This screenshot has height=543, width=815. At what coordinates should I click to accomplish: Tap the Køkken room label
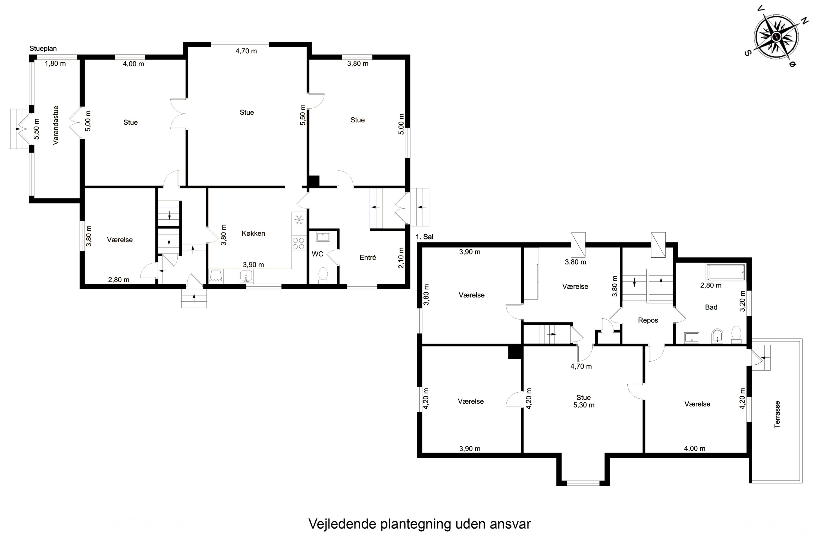253,233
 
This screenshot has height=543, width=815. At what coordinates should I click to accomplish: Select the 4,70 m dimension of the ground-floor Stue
246,51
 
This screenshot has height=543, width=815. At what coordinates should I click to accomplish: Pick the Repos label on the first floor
648,320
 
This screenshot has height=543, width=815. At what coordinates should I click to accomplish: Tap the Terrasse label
777,415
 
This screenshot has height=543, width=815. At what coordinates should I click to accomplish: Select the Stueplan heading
43,49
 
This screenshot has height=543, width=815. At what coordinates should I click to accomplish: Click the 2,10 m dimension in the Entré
401,258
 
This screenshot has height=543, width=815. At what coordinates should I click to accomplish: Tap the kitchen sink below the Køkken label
246,277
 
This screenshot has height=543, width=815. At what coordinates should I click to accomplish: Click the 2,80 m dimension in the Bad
711,285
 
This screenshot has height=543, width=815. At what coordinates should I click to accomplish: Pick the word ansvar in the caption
510,524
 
